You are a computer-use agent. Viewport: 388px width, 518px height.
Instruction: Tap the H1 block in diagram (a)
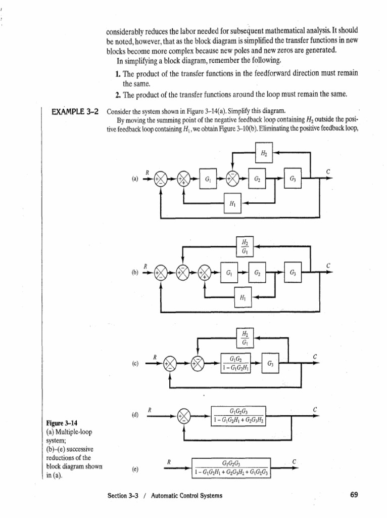coord(232,203)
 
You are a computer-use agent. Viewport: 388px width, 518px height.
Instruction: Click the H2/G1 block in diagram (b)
coord(246,247)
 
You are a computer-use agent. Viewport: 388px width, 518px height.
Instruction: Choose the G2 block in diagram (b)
coord(258,272)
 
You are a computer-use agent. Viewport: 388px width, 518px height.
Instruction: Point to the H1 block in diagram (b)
coord(244,297)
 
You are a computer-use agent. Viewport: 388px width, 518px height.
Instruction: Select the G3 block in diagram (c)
coord(271,363)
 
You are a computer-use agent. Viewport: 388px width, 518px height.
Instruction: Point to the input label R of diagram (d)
coord(150,409)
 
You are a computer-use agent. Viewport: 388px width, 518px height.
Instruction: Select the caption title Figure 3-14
coord(60,423)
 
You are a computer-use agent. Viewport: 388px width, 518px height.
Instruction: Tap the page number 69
coord(354,495)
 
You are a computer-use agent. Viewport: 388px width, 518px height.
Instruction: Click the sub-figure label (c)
coord(135,364)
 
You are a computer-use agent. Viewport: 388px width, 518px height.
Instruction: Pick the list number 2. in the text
coord(118,95)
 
